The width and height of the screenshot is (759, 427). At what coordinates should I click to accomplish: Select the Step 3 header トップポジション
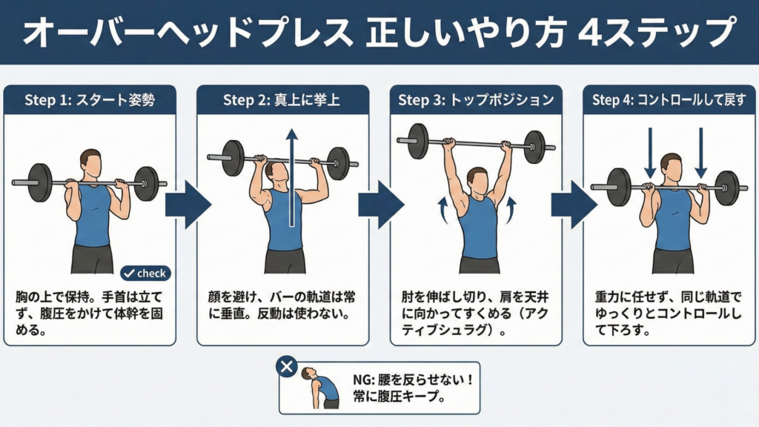click(x=502, y=100)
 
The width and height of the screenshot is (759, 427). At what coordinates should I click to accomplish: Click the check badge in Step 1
click(x=145, y=274)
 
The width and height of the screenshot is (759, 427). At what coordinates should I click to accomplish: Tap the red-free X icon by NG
click(x=287, y=366)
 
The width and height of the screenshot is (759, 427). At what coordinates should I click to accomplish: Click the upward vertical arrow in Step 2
click(x=291, y=177)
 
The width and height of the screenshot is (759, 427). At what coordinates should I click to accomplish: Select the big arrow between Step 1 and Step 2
click(x=188, y=205)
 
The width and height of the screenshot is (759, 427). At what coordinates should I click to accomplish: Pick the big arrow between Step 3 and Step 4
click(x=574, y=205)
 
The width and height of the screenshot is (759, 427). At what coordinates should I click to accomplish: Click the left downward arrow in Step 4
click(x=650, y=153)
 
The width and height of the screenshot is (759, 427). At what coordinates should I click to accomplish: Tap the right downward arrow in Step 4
click(x=701, y=153)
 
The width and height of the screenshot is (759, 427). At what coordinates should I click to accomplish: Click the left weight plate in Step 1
click(x=40, y=182)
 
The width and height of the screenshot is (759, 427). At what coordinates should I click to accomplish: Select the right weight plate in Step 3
click(x=535, y=147)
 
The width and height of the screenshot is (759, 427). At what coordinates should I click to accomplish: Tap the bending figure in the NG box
click(x=320, y=388)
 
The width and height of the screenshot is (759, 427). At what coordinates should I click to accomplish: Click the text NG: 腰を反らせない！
click(x=413, y=380)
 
